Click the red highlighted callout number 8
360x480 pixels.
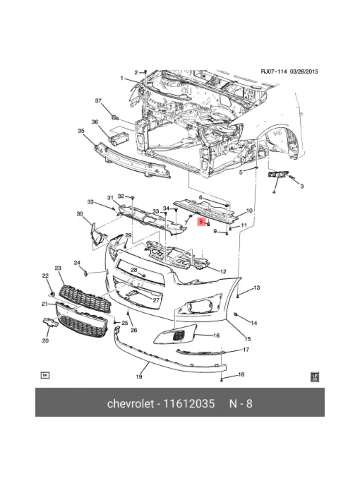201,221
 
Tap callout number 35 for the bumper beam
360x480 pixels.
81,131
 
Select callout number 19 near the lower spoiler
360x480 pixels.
139,376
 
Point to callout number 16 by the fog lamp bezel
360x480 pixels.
216,335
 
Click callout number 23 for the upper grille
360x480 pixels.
58,268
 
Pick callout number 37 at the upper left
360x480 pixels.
98,100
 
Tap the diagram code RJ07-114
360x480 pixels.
274,72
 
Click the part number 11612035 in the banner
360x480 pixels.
190,403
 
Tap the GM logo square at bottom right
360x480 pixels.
315,376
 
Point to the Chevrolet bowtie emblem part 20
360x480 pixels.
50,322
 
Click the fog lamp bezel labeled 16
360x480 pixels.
176,336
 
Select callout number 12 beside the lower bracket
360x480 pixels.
223,271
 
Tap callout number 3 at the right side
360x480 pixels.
302,186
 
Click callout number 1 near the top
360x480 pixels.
122,78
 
